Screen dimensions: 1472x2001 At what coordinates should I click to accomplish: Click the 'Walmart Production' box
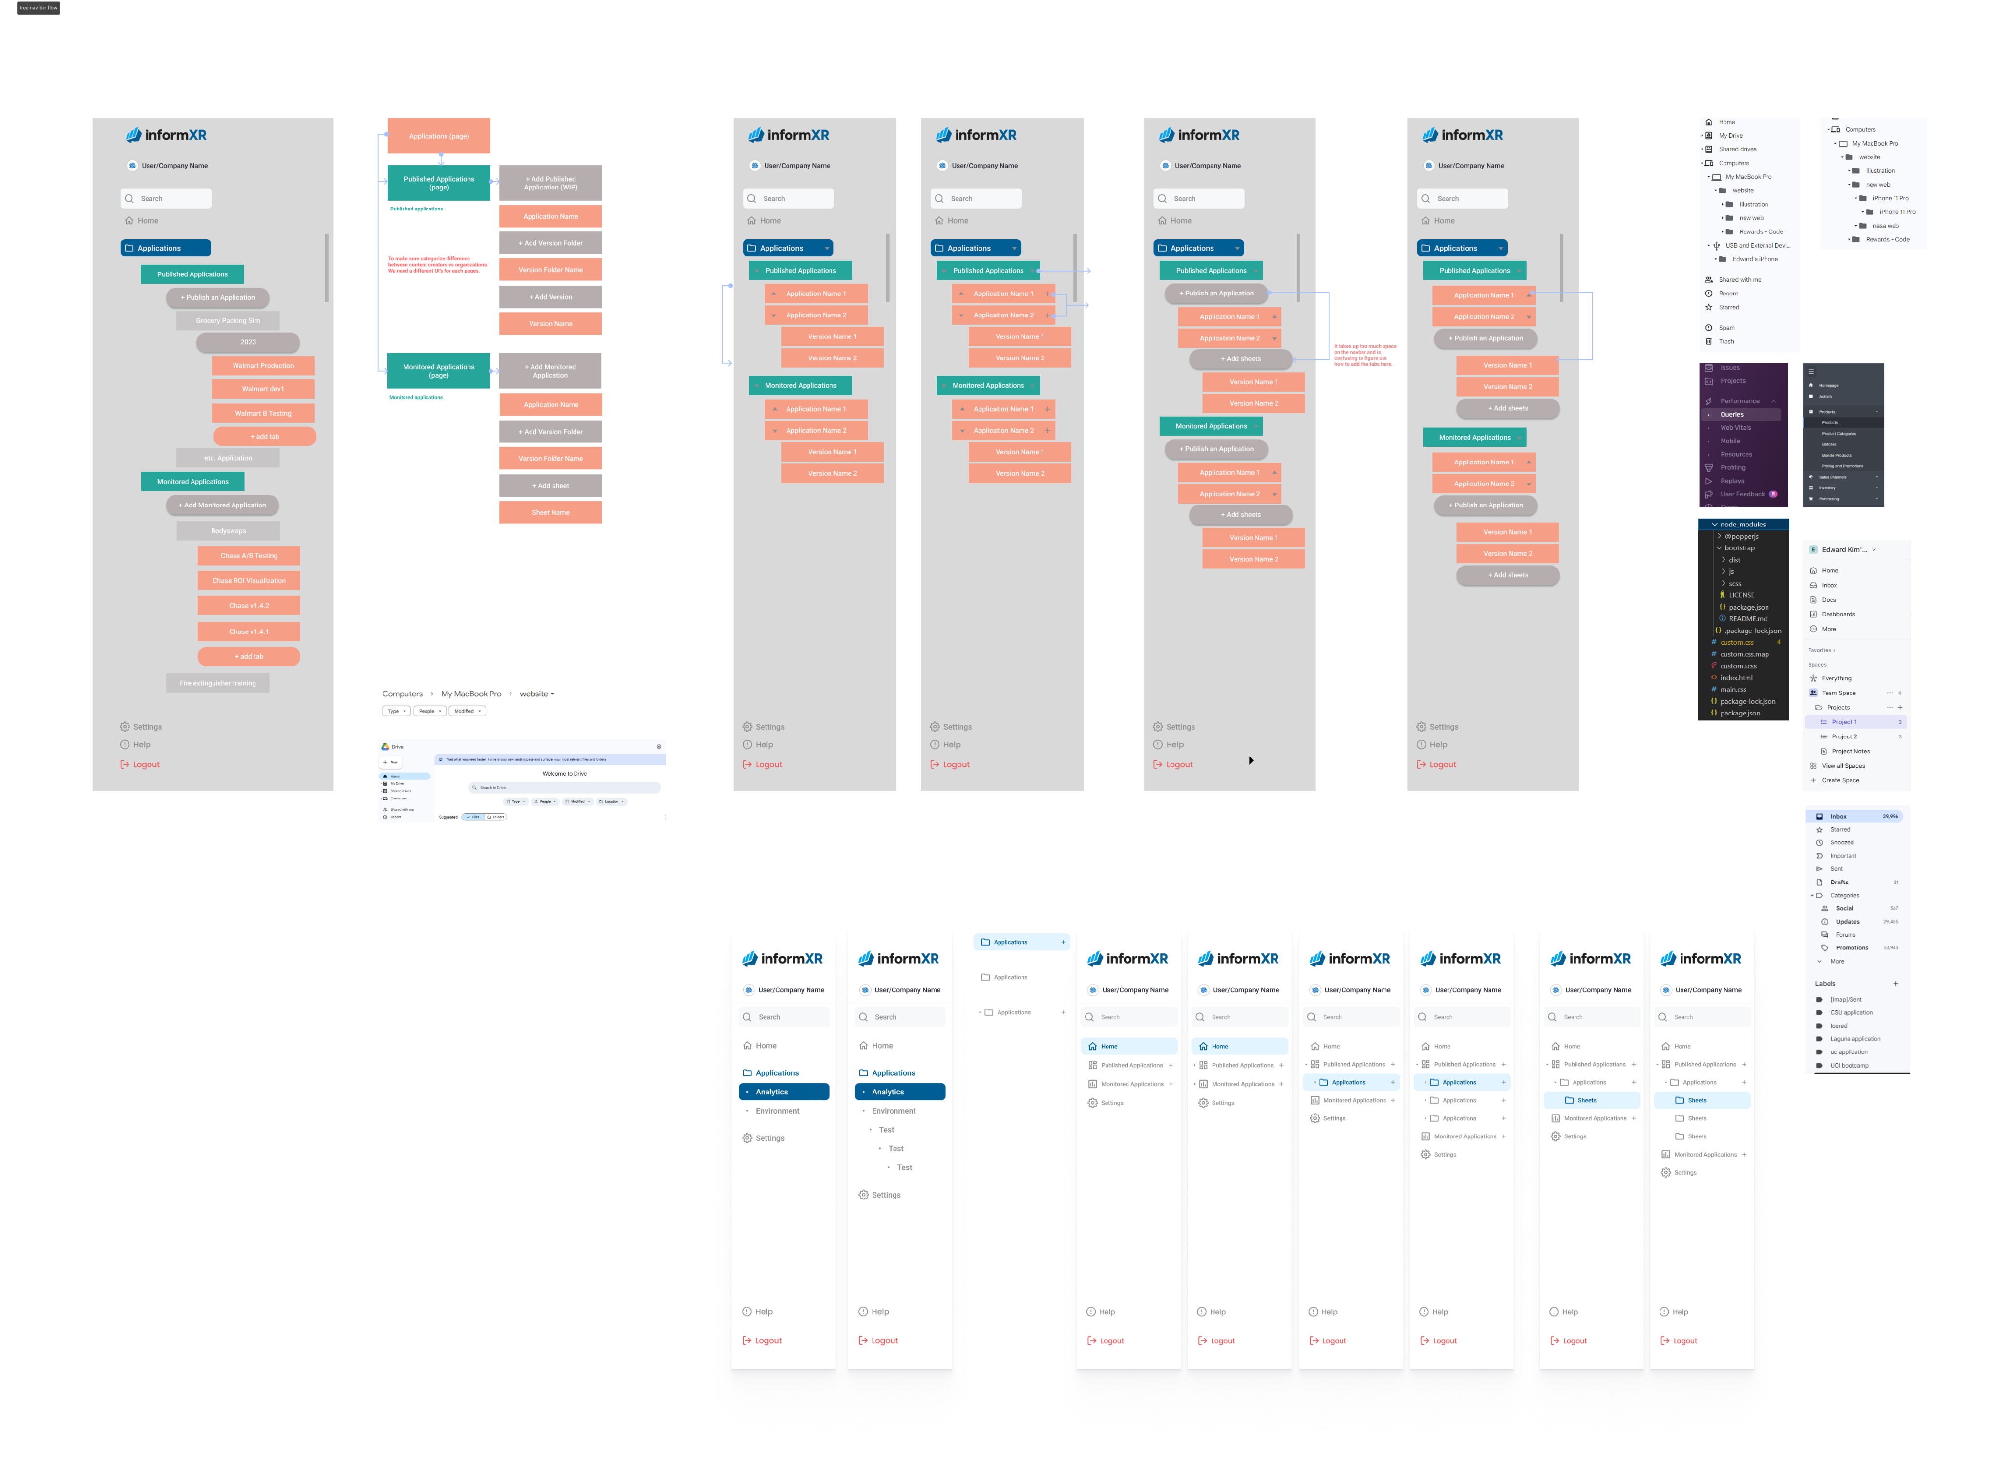pyautogui.click(x=263, y=365)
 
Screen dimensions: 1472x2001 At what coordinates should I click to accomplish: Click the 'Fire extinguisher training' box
pyautogui.click(x=217, y=683)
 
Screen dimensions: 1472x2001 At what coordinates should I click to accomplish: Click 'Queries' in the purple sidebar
pyautogui.click(x=1732, y=414)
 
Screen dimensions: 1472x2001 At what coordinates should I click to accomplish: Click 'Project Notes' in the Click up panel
pyautogui.click(x=1851, y=751)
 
